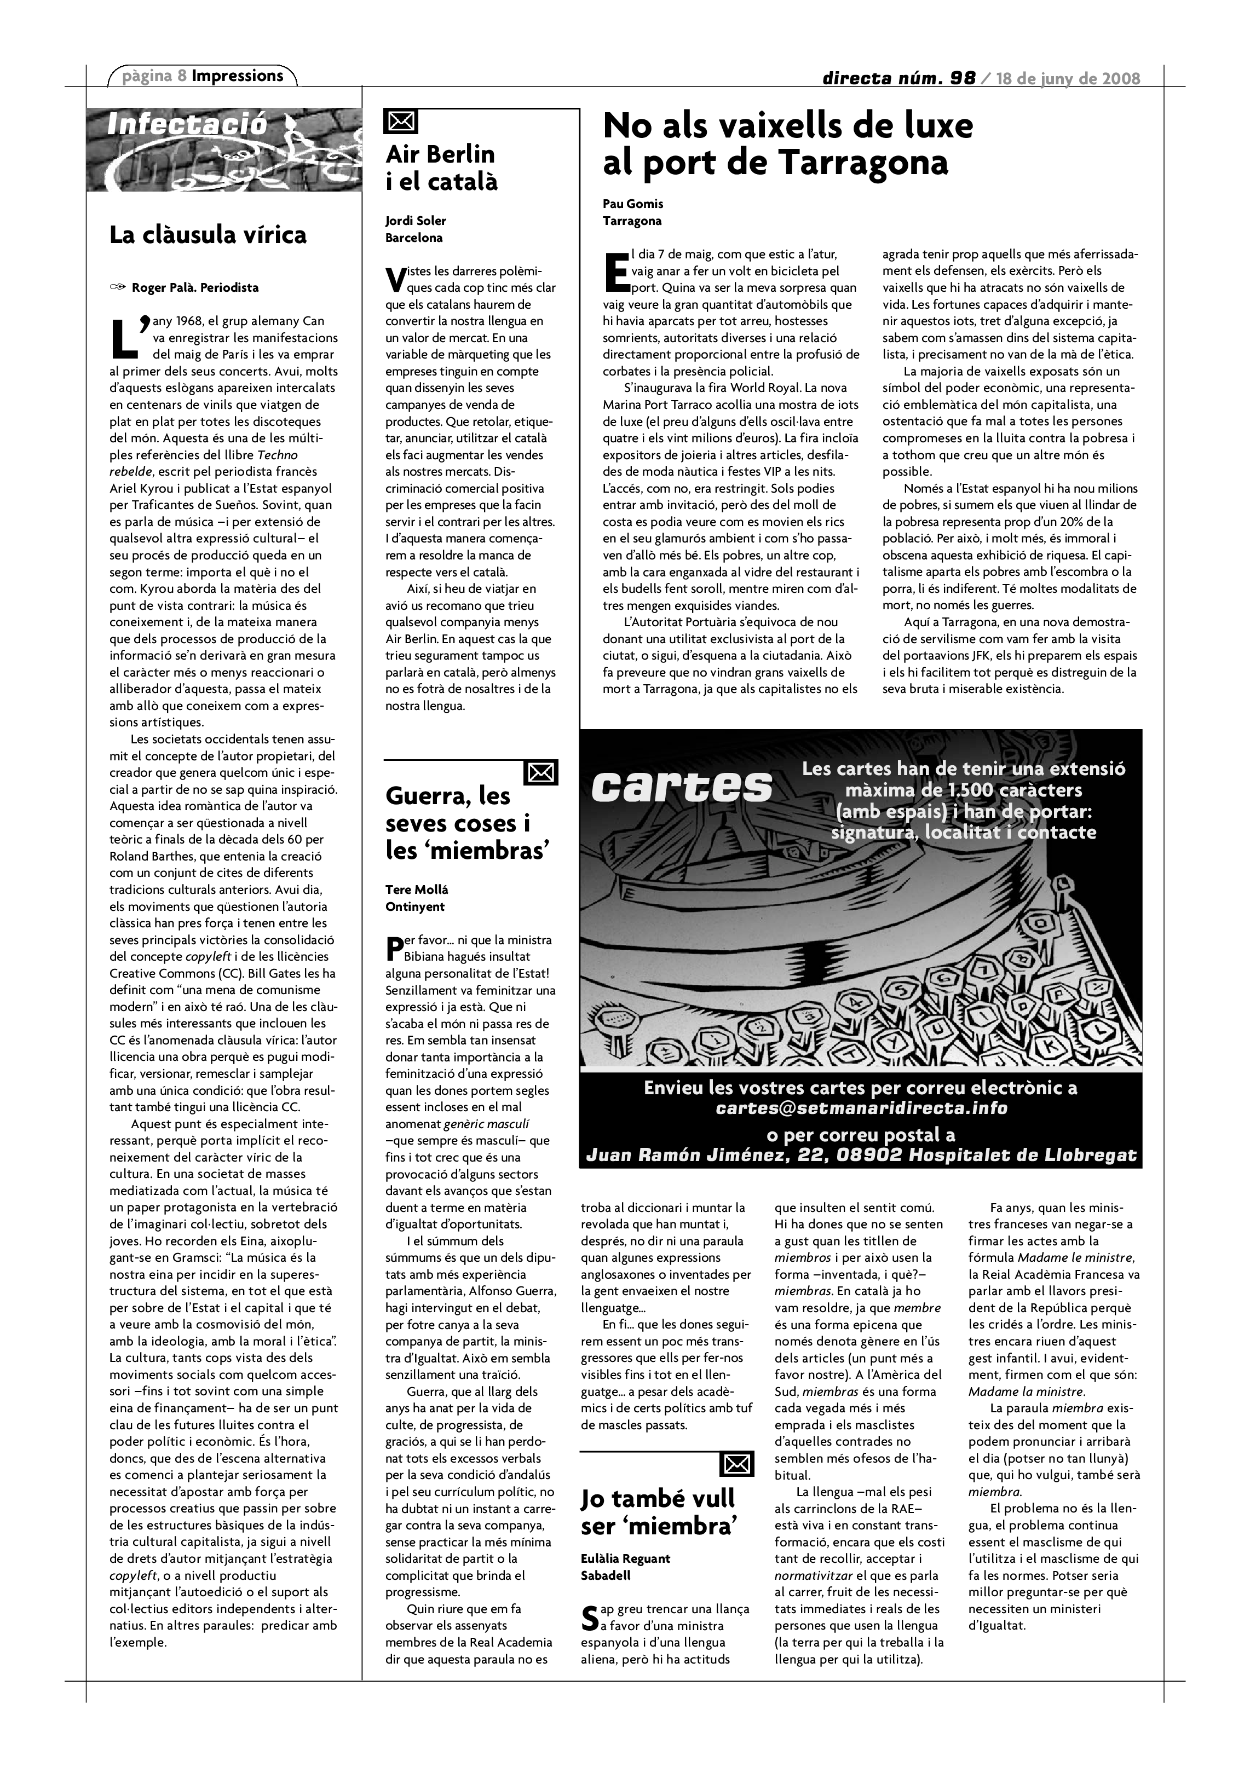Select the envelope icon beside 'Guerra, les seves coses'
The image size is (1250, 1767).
point(540,772)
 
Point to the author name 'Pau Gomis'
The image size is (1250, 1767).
point(633,204)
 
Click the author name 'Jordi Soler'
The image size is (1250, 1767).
point(416,221)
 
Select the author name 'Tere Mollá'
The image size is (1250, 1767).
point(417,890)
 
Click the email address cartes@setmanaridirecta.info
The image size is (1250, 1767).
point(861,1108)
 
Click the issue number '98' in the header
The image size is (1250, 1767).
point(962,78)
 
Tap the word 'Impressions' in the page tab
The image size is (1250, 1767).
point(238,76)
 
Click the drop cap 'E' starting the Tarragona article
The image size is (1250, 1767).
point(617,271)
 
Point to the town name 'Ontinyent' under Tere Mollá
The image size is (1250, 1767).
point(415,906)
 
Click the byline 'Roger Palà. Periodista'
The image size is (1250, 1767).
point(195,288)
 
